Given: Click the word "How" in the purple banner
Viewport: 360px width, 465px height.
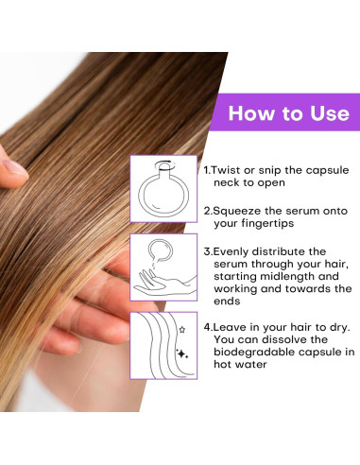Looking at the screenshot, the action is tap(251, 112).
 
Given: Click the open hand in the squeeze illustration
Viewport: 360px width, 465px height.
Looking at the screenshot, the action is tap(164, 284).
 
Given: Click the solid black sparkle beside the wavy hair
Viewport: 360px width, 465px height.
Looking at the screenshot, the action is tap(181, 353).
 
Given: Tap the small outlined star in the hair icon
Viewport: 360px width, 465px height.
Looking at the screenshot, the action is tap(182, 330).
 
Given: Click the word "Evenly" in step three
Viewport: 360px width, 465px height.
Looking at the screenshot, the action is tap(231, 251).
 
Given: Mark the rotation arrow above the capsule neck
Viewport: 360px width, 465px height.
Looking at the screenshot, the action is tap(163, 164).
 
